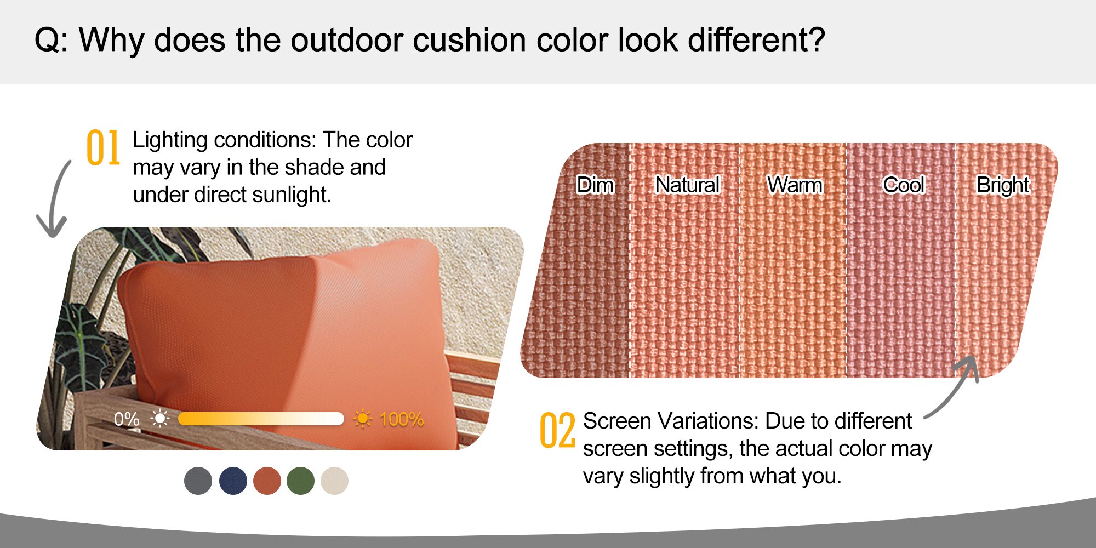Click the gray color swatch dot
(x=198, y=481)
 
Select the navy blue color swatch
(x=233, y=481)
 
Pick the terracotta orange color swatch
(x=267, y=481)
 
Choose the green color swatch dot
(x=300, y=481)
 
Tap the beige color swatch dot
(x=334, y=481)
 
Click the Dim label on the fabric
(x=595, y=185)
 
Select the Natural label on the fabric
(x=687, y=185)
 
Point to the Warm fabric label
(x=795, y=185)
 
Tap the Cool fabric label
(x=904, y=185)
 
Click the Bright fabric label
(x=1003, y=185)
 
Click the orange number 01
(x=103, y=147)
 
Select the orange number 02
(x=557, y=431)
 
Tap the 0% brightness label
(x=127, y=419)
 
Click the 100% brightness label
(x=402, y=419)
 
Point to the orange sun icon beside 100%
(x=362, y=419)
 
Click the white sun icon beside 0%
(x=159, y=419)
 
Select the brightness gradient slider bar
(x=261, y=419)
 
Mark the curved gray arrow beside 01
(x=55, y=200)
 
